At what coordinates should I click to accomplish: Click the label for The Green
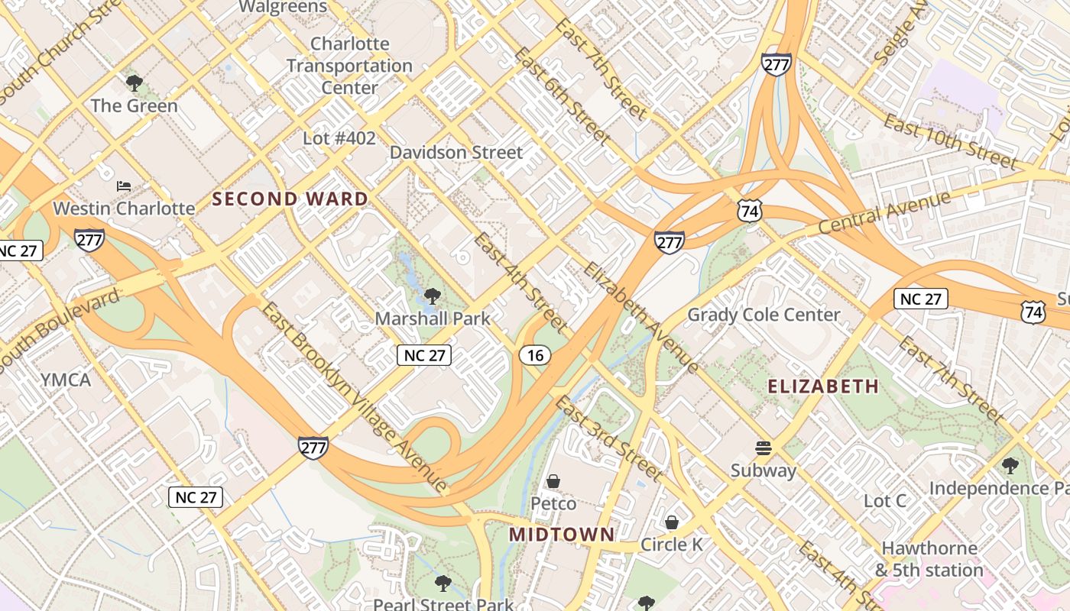pyautogui.click(x=135, y=105)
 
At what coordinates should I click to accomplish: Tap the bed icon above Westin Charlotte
pyautogui.click(x=124, y=186)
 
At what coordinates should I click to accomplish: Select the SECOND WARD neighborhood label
pyautogui.click(x=290, y=199)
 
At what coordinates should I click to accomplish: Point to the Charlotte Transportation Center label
pyautogui.click(x=349, y=66)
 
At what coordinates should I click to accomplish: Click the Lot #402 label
pyautogui.click(x=339, y=138)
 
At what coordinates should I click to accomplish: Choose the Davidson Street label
pyautogui.click(x=456, y=152)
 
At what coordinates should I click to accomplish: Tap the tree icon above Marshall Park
pyautogui.click(x=433, y=296)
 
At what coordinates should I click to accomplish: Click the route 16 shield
pyautogui.click(x=535, y=354)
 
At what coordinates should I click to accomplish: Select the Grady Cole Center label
pyautogui.click(x=764, y=315)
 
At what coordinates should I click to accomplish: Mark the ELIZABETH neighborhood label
pyautogui.click(x=823, y=386)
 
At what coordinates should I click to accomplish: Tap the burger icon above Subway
pyautogui.click(x=763, y=448)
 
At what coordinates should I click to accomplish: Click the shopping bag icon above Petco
pyautogui.click(x=553, y=481)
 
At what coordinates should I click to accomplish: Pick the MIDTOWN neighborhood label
pyautogui.click(x=562, y=535)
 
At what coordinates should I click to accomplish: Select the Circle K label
pyautogui.click(x=671, y=545)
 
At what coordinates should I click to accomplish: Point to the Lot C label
pyautogui.click(x=884, y=501)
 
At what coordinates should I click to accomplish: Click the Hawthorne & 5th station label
pyautogui.click(x=929, y=559)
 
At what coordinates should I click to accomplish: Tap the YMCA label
pyautogui.click(x=65, y=380)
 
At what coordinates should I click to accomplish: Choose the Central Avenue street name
pyautogui.click(x=884, y=212)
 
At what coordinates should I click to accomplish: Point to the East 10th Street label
pyautogui.click(x=951, y=142)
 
